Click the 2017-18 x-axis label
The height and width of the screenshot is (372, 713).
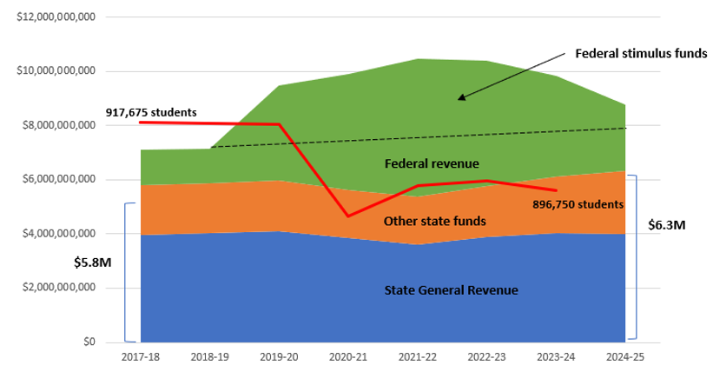(140, 356)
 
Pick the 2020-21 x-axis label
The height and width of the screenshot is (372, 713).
(347, 356)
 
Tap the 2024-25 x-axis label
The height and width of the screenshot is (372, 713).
(624, 356)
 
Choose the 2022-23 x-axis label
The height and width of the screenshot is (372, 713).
(486, 356)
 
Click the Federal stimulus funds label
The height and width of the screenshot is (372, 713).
(642, 53)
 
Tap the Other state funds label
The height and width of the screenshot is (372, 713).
(434, 221)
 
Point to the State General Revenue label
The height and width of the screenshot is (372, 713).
(451, 289)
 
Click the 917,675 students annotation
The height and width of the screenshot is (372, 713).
(152, 112)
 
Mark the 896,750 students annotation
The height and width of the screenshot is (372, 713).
(578, 205)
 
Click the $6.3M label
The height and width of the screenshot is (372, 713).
(666, 224)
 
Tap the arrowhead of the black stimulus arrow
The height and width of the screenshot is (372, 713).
(460, 98)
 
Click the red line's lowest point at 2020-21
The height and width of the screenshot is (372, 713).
(347, 216)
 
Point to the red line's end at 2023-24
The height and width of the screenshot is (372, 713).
(556, 190)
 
